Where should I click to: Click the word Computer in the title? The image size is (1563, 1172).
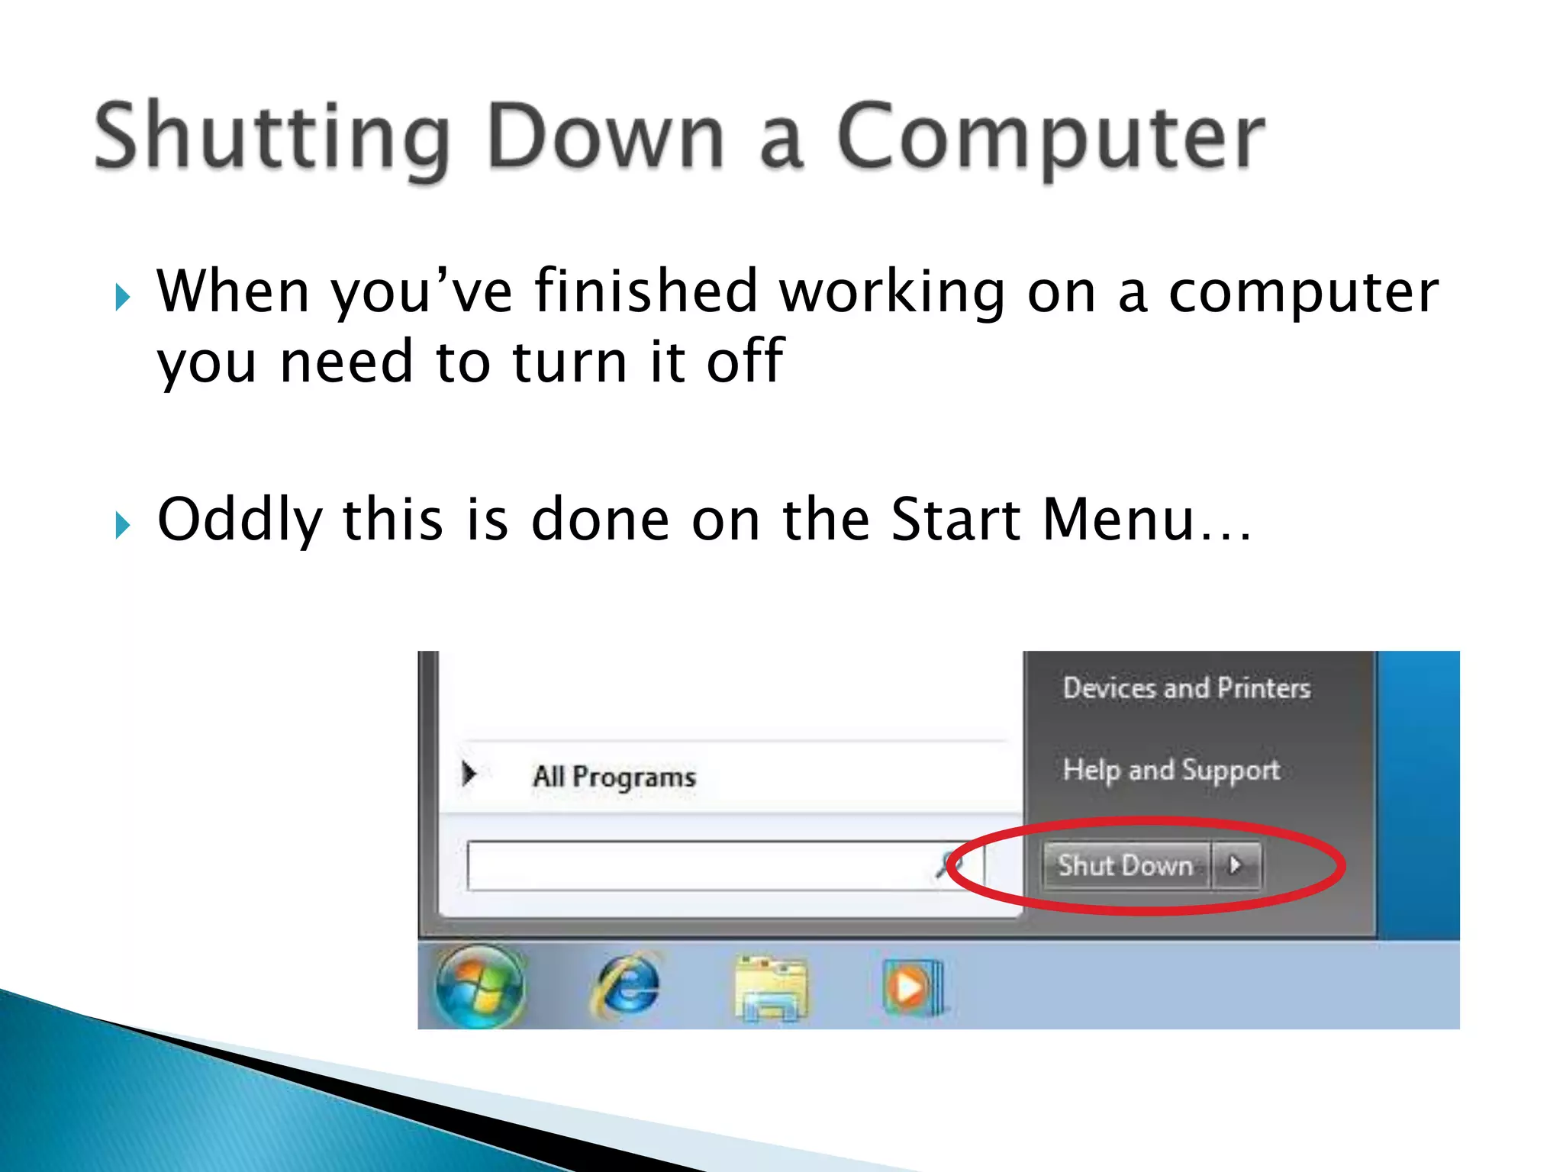click(1051, 137)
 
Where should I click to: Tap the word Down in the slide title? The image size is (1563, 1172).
click(605, 137)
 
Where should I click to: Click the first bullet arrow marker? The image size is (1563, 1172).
click(123, 297)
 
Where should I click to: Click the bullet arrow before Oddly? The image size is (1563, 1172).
click(123, 525)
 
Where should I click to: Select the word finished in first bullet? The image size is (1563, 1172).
click(645, 291)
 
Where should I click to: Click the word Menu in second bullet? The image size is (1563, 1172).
click(1118, 520)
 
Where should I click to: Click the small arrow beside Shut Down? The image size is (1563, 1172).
click(1236, 865)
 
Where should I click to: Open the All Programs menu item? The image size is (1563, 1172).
click(614, 777)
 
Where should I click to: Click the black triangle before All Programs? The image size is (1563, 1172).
click(469, 774)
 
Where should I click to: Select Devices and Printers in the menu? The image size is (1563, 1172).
click(1187, 688)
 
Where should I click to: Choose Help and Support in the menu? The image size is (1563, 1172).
click(1171, 770)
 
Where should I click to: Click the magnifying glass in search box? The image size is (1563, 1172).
click(949, 865)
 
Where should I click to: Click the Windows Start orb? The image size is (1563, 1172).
click(480, 985)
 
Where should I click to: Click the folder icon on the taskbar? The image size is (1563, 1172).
click(771, 989)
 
